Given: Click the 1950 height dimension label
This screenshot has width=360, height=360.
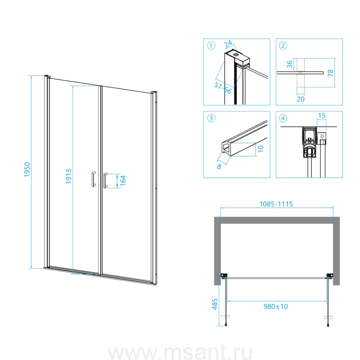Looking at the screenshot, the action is point(27,170).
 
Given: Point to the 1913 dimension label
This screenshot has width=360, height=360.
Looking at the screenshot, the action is point(69,176).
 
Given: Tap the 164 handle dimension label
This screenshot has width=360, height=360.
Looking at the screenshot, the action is point(123,181).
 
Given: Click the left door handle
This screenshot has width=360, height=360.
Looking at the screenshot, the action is point(94,179).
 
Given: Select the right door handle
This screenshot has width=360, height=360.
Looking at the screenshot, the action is point(105,180).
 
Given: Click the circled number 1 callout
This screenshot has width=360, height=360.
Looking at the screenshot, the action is point(211,46).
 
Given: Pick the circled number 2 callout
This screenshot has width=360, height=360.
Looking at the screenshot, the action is point(283,46).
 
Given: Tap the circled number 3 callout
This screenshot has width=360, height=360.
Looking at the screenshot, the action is point(211,118).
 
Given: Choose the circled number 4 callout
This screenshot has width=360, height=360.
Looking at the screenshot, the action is point(283,118).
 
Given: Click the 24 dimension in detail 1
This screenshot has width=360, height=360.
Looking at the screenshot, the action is point(228,44).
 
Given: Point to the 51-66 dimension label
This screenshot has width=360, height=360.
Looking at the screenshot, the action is point(223,88).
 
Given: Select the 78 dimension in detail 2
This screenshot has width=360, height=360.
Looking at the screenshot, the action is point(330,73).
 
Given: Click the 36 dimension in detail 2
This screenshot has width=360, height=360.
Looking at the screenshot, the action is point(290,64).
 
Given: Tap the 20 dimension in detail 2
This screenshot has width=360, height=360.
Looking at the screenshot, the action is point(300,99).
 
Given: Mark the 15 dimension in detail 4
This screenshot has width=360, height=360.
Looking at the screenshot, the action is point(322,116).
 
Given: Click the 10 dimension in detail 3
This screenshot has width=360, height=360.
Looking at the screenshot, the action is point(260,149).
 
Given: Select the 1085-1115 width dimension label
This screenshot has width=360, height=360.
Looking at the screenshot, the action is point(276,204).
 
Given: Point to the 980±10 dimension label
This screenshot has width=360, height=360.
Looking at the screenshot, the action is point(276,306).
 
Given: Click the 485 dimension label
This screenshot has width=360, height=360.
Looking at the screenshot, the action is point(215,304).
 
